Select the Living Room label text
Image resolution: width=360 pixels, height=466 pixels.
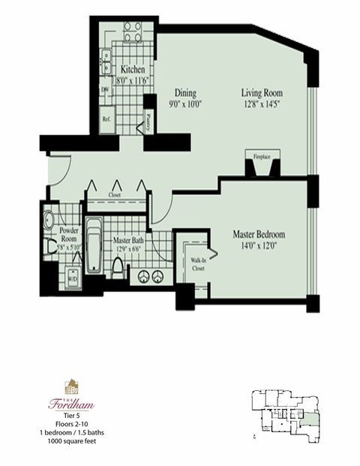tap(263, 93)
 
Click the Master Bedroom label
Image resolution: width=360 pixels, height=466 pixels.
tap(258, 233)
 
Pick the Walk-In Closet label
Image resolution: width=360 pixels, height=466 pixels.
tap(197, 259)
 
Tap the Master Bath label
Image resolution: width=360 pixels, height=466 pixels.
tap(127, 241)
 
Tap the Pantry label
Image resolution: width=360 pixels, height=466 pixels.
tap(149, 119)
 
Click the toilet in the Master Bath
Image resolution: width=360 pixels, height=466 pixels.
tap(118, 267)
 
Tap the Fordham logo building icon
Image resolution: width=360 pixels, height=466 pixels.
tap(71, 387)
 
